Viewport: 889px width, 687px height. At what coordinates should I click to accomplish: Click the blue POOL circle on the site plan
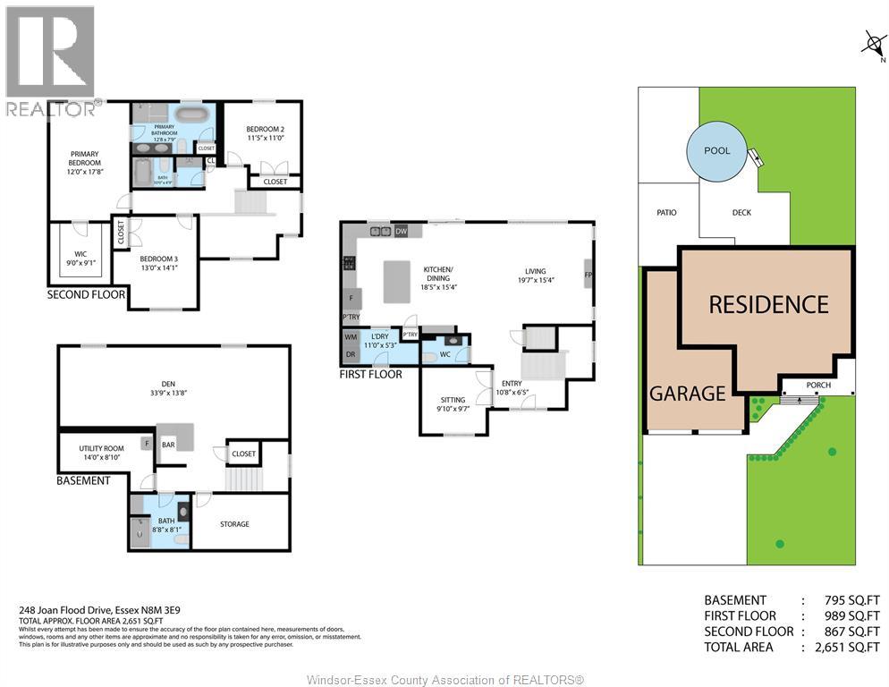[716, 150]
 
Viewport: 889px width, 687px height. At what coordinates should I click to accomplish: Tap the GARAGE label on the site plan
[687, 393]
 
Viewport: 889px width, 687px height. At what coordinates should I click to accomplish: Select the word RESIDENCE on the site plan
[768, 305]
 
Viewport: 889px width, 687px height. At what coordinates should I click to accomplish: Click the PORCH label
[817, 386]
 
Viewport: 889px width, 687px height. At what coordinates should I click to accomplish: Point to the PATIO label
[666, 213]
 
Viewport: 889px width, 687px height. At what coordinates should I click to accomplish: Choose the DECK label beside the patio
[742, 213]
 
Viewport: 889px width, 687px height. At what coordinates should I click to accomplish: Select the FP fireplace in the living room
[588, 274]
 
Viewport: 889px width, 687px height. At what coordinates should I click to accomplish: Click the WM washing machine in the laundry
[350, 337]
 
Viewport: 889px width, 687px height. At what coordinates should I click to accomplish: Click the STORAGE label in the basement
[234, 524]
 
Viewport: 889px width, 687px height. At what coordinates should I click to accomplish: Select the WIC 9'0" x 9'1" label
[80, 259]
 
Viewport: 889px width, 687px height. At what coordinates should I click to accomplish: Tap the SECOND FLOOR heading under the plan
[87, 294]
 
